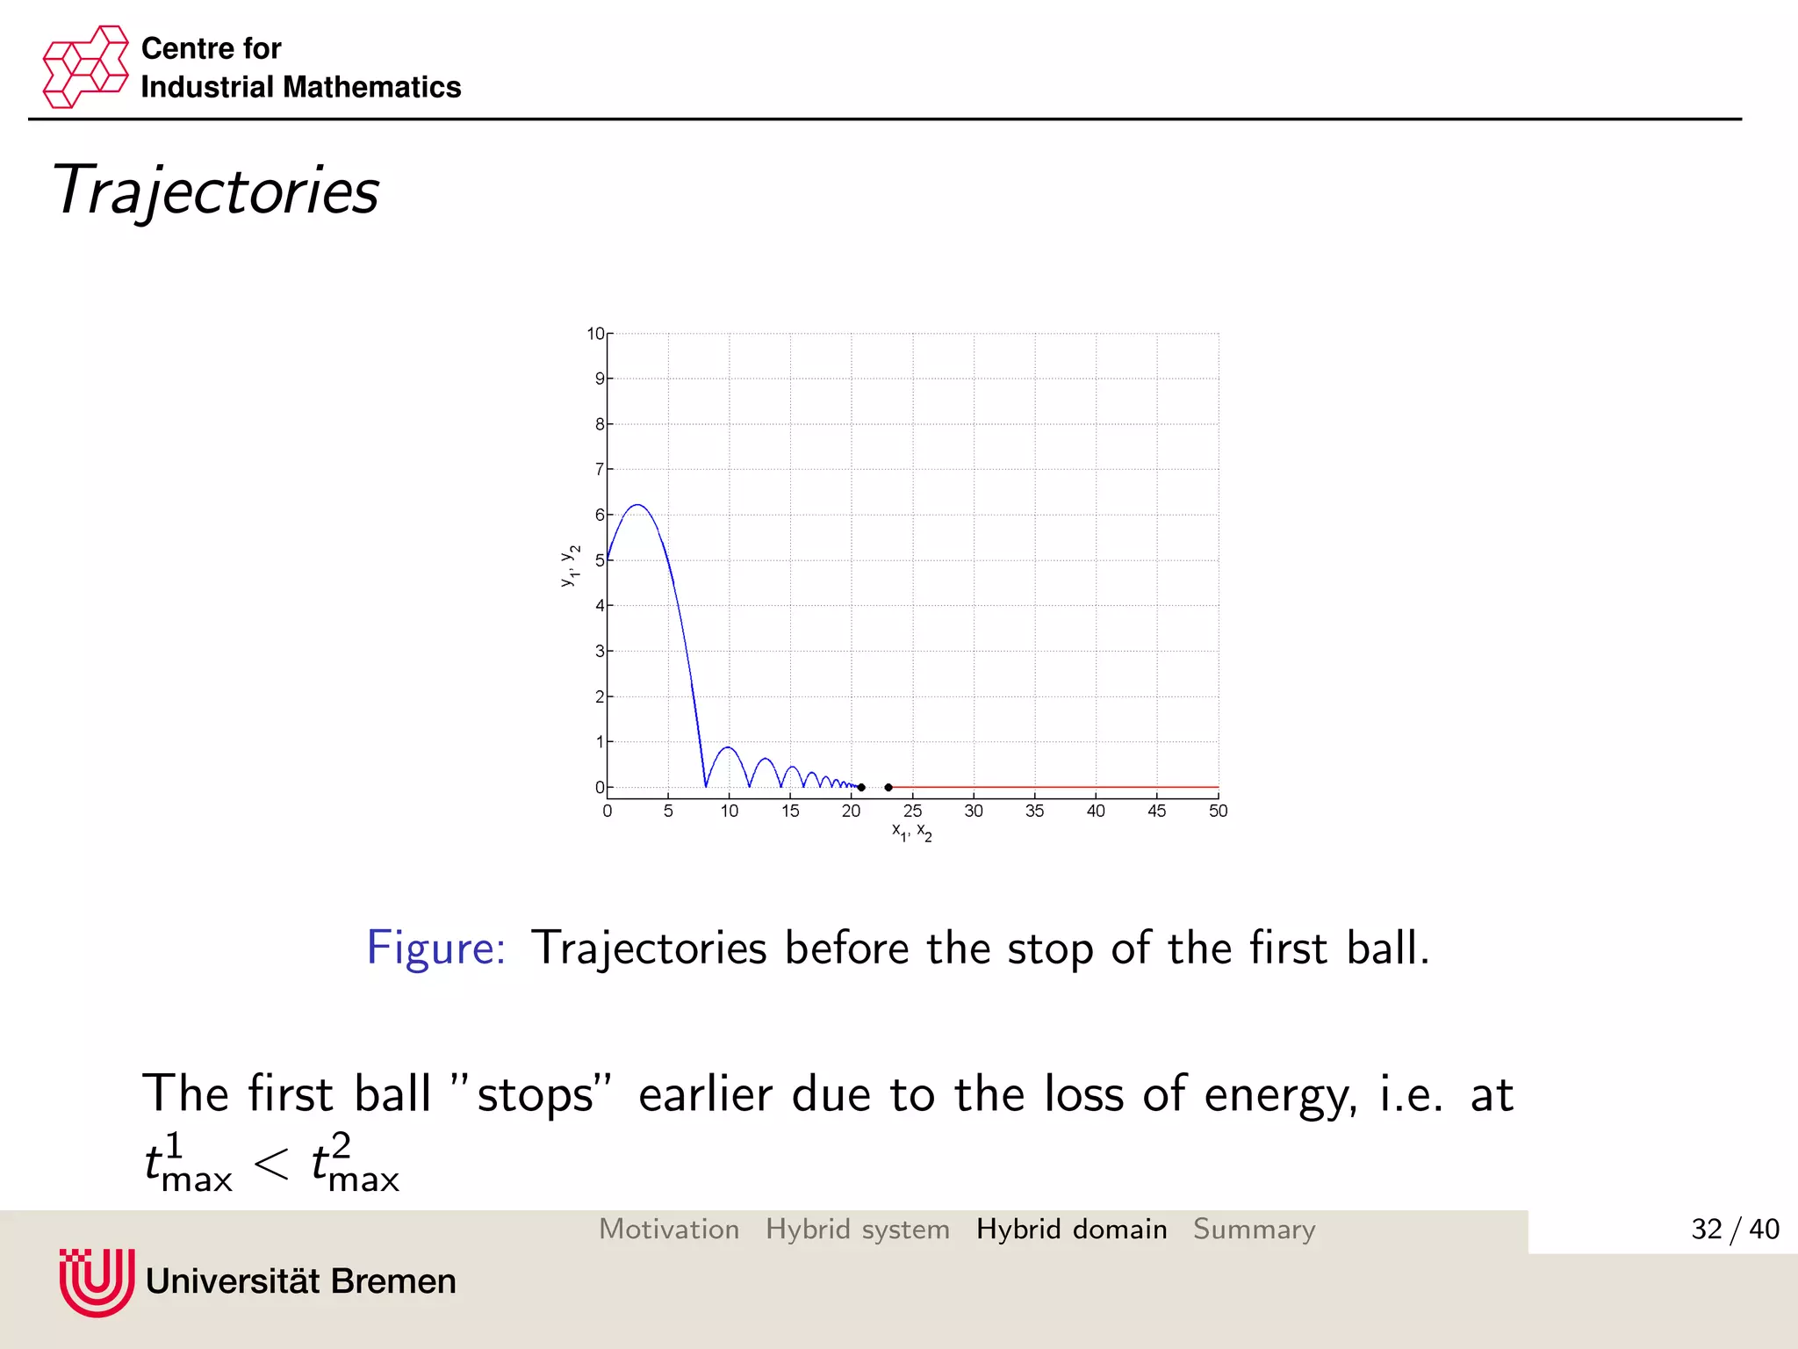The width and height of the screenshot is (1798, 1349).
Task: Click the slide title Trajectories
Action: [215, 191]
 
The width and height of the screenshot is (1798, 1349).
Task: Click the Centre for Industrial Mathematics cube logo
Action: [85, 67]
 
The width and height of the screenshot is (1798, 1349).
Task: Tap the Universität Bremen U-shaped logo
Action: [97, 1281]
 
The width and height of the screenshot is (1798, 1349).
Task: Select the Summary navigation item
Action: [1254, 1229]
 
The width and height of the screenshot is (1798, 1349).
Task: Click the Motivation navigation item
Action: [669, 1229]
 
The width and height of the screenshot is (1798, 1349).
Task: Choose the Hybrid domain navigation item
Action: [1071, 1229]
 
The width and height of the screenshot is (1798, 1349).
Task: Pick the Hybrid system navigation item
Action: [857, 1229]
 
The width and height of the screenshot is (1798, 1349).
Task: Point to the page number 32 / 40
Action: [1734, 1229]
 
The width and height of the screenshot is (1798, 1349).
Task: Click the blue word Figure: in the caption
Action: [435, 949]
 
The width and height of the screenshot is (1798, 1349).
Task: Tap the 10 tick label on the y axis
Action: [595, 334]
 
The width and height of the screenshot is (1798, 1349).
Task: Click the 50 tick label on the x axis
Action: [1218, 811]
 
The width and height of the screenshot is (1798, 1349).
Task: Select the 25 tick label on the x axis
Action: [912, 811]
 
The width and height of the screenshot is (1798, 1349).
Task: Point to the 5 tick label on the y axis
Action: [600, 560]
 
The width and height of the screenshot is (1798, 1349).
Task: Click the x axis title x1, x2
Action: [912, 832]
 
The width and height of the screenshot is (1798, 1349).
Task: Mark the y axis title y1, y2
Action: [570, 566]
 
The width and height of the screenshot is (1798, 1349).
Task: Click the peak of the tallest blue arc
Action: [637, 505]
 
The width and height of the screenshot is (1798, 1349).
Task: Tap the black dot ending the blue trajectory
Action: [861, 787]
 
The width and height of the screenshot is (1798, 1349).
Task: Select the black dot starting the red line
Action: [888, 787]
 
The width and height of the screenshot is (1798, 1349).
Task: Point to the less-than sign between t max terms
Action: [271, 1165]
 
